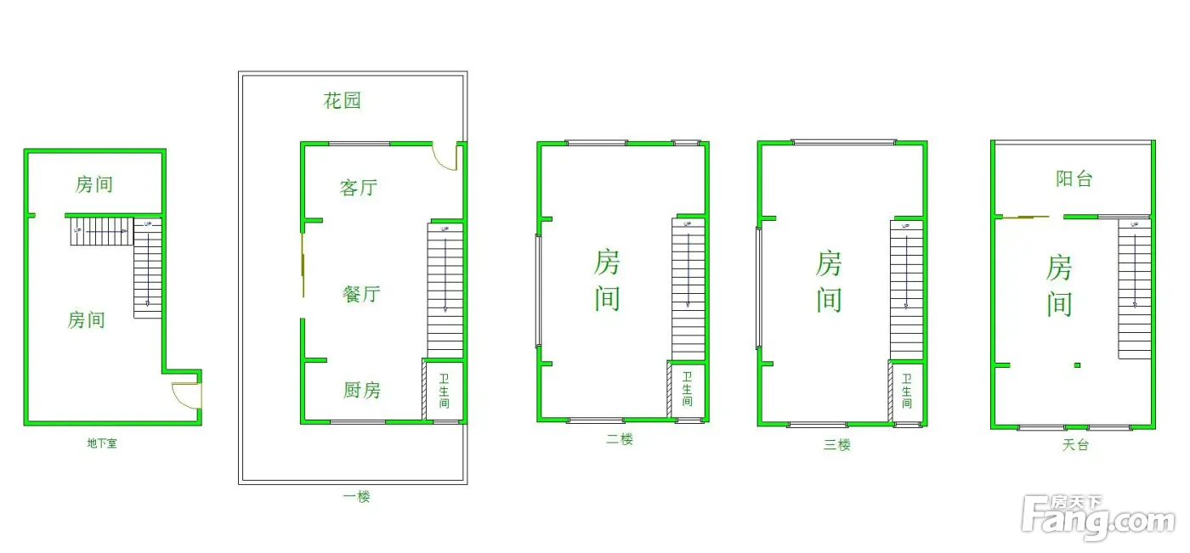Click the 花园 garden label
[x=342, y=101]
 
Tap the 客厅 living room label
[x=358, y=188]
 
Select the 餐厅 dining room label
[x=360, y=294]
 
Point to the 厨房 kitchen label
[x=361, y=391]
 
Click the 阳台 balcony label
[x=1074, y=179]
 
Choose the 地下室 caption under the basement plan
[x=102, y=443]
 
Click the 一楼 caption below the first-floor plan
[x=356, y=497]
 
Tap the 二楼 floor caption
[x=620, y=440]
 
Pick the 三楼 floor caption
[x=836, y=445]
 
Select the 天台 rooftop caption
[x=1074, y=445]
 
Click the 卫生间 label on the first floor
[x=444, y=391]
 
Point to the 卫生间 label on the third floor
[x=907, y=391]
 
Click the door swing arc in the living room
[x=445, y=158]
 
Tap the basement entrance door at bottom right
[x=185, y=396]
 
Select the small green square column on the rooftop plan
[x=1077, y=365]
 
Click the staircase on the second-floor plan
[x=688, y=289]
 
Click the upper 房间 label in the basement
[x=93, y=184]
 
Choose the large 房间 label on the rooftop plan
[x=1058, y=285]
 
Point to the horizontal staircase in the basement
[x=99, y=231]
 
